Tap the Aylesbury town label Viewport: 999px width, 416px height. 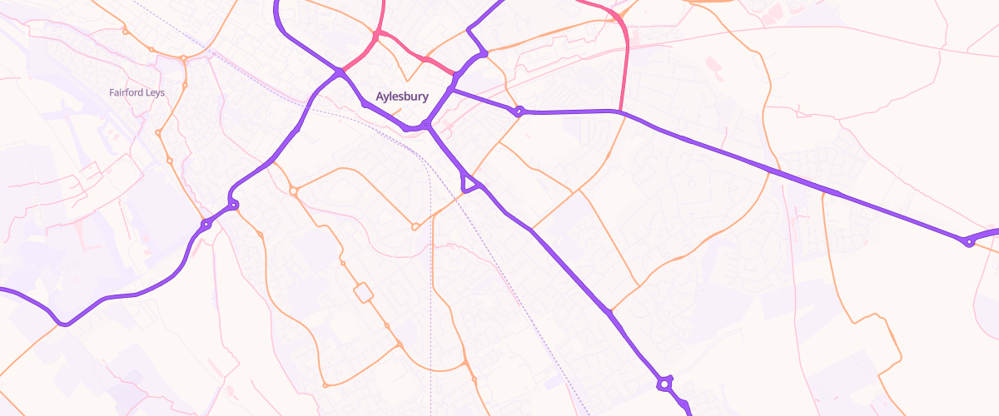coord(402,97)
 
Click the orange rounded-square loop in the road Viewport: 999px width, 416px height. coord(363,293)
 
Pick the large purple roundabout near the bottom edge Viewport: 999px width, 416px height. coord(664,384)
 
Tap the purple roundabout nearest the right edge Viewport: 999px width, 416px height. coord(968,241)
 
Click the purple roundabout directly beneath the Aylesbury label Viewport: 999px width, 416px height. coord(425,125)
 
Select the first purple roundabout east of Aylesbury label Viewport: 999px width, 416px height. coord(519,111)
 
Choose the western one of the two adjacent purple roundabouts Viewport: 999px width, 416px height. coord(206,225)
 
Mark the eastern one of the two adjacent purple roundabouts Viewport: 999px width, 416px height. coord(234,205)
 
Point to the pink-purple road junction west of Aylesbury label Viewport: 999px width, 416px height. coord(341,72)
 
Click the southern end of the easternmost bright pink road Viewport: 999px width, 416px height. coord(621,111)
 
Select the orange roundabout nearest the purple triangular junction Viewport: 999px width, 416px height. coord(415,226)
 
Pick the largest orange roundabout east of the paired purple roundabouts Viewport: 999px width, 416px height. coord(294,191)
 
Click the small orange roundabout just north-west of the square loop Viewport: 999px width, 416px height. coord(342,264)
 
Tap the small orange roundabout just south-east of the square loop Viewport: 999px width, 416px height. coord(386,324)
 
